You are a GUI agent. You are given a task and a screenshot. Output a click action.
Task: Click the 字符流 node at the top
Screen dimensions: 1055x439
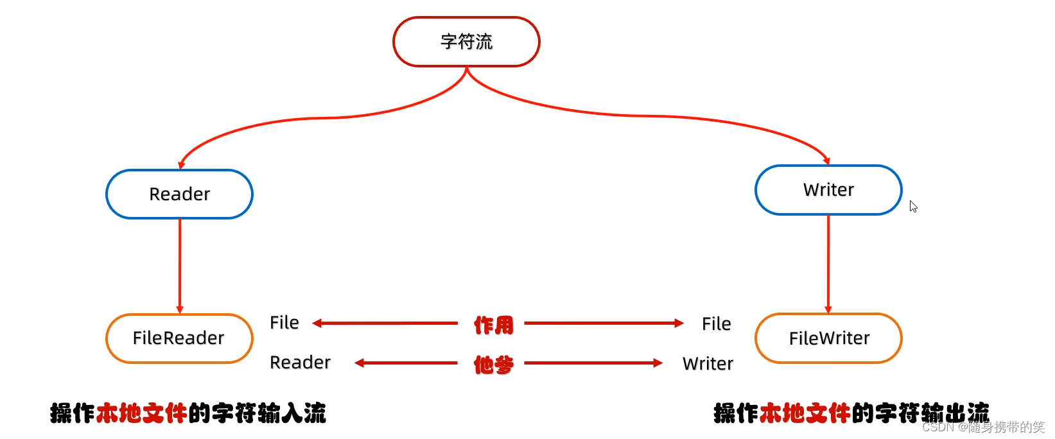(466, 42)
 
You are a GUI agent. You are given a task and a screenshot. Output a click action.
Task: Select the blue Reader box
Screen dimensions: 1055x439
(179, 194)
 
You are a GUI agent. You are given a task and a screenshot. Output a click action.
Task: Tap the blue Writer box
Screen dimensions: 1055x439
(828, 190)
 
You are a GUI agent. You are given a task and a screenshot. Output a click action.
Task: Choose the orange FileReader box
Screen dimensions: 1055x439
(179, 338)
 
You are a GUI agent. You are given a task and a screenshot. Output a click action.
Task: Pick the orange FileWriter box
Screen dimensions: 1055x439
(828, 338)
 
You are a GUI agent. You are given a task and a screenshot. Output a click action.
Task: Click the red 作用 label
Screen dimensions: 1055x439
(493, 325)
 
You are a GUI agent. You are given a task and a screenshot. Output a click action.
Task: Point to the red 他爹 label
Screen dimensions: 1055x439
(493, 365)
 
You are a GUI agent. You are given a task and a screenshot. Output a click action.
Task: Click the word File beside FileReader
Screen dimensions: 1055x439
(284, 322)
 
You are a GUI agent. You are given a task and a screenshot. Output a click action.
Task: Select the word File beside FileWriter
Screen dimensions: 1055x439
(716, 323)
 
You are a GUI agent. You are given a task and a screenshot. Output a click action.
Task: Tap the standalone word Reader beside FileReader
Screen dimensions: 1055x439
(300, 363)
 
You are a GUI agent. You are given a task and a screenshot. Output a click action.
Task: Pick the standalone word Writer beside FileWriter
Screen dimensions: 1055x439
(708, 364)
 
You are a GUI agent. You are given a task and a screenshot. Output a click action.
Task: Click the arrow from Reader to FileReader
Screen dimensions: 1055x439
(180, 266)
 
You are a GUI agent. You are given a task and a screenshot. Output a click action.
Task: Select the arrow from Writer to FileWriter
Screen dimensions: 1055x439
(828, 264)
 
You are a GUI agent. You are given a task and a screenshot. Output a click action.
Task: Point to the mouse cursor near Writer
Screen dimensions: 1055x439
(912, 205)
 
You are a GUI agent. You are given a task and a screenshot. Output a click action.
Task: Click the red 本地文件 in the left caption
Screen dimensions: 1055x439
(141, 413)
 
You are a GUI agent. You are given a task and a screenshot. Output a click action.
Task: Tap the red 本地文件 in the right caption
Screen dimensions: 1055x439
(805, 413)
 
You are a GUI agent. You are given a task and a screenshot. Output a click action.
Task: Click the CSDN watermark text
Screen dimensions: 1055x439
(982, 427)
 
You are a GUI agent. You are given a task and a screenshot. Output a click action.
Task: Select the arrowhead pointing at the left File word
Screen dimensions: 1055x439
(317, 323)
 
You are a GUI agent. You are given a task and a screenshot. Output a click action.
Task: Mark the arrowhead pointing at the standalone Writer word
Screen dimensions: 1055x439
(658, 363)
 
